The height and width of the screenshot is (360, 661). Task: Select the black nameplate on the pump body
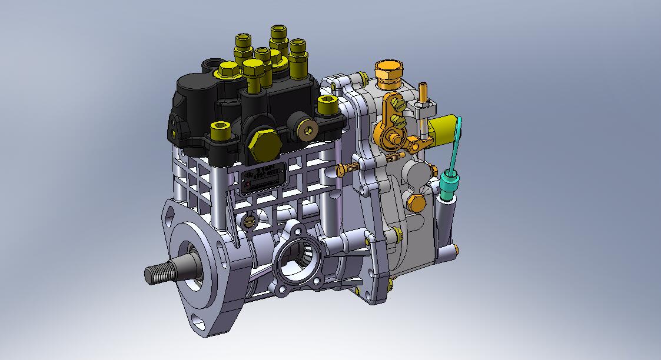[263, 178]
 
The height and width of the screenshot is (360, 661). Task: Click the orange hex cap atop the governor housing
[388, 71]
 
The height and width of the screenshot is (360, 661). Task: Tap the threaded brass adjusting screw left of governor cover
[348, 169]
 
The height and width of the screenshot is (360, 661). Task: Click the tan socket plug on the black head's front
[307, 129]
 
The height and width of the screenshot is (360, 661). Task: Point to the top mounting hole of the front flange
[171, 215]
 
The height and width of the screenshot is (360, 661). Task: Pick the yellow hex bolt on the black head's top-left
[227, 71]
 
